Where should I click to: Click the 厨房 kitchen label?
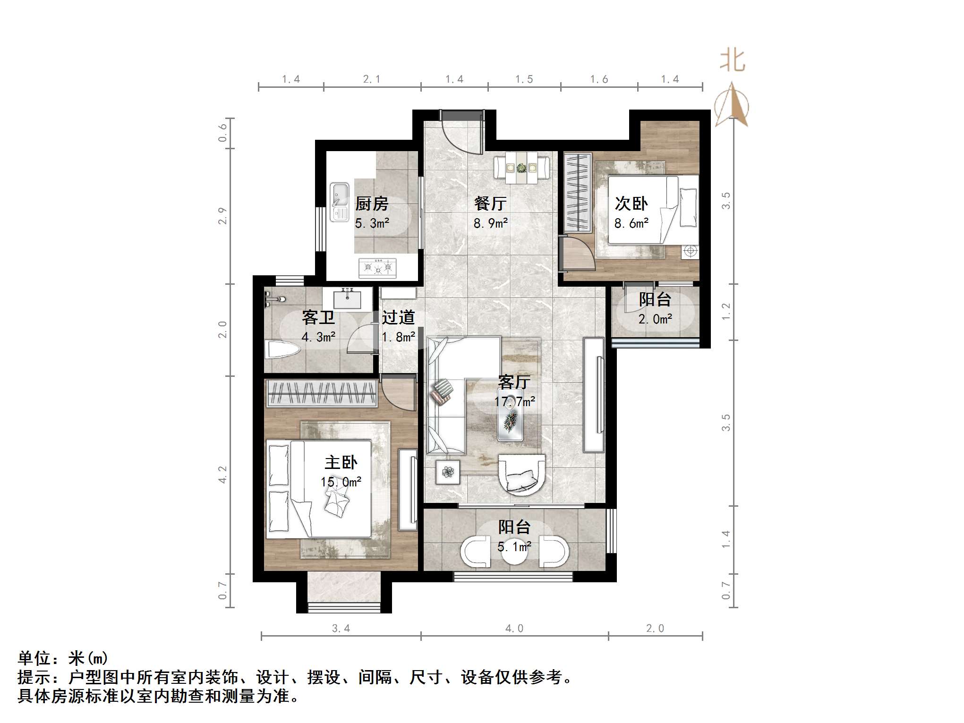coord(372,204)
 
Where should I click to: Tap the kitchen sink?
coord(339,202)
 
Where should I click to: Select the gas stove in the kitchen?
coord(377,268)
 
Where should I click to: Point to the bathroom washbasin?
coord(347,299)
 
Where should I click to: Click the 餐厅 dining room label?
coord(490,204)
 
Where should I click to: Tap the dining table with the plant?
coord(521,168)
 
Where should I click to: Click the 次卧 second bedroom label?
coord(631,204)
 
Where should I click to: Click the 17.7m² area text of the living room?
coord(514,402)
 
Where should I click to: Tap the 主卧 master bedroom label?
coord(341,462)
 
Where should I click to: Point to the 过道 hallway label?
coord(398,317)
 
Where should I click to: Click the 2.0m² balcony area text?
coord(655,320)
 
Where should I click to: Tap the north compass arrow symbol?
coord(732,105)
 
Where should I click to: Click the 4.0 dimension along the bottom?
coord(514,629)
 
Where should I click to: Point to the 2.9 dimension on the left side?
coord(222,216)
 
